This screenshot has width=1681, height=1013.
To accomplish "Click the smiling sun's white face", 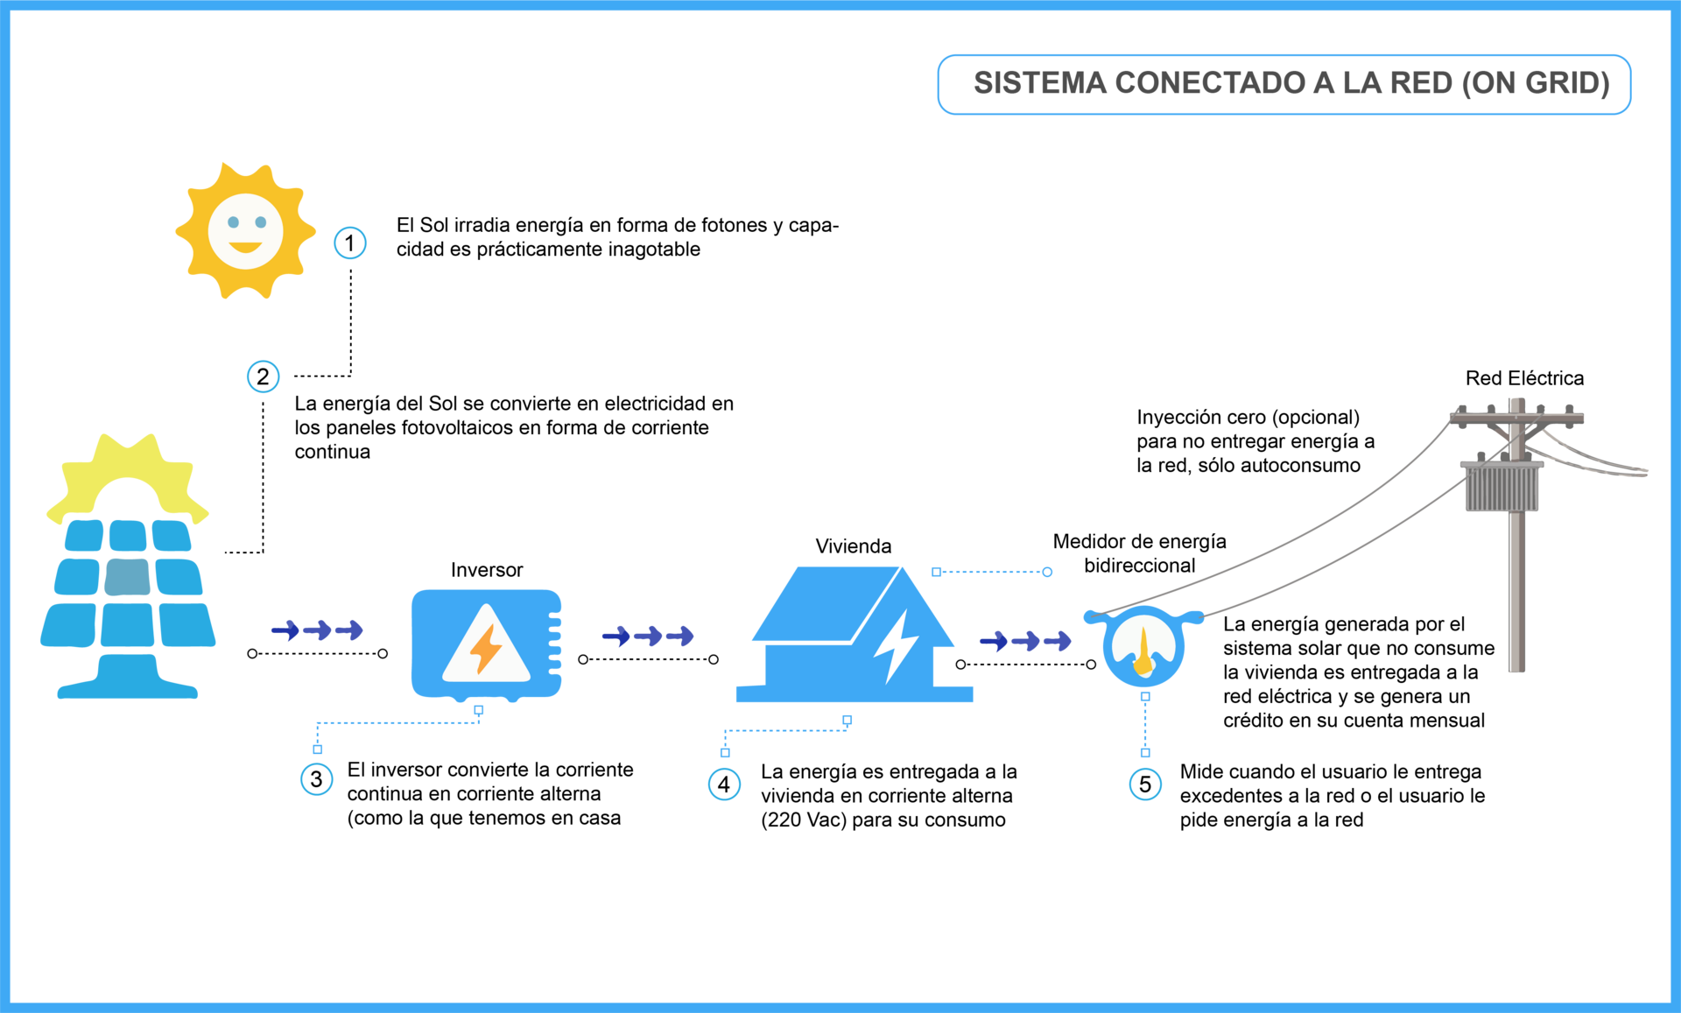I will [x=245, y=231].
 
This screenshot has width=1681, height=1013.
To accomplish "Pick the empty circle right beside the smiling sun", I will [x=349, y=243].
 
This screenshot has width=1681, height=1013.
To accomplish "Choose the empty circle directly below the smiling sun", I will [x=263, y=376].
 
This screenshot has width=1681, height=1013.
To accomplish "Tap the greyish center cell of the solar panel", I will [x=128, y=577].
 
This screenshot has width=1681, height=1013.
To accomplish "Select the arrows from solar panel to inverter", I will [x=317, y=630].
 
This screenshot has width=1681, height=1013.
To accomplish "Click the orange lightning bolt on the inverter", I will [x=486, y=648].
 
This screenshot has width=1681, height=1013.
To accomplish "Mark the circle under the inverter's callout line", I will [x=316, y=779].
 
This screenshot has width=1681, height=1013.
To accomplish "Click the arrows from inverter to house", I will [x=648, y=636].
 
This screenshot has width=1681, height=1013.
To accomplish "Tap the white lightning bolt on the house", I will [x=896, y=646].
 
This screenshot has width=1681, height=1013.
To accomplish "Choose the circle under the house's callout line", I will [x=724, y=784].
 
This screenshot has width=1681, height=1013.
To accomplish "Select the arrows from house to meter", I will [x=1025, y=642].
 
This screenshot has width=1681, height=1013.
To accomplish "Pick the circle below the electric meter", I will [x=1145, y=784].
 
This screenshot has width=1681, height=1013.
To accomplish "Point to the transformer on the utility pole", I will [x=1502, y=487].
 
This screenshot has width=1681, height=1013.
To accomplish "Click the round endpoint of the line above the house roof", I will [x=1047, y=572].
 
